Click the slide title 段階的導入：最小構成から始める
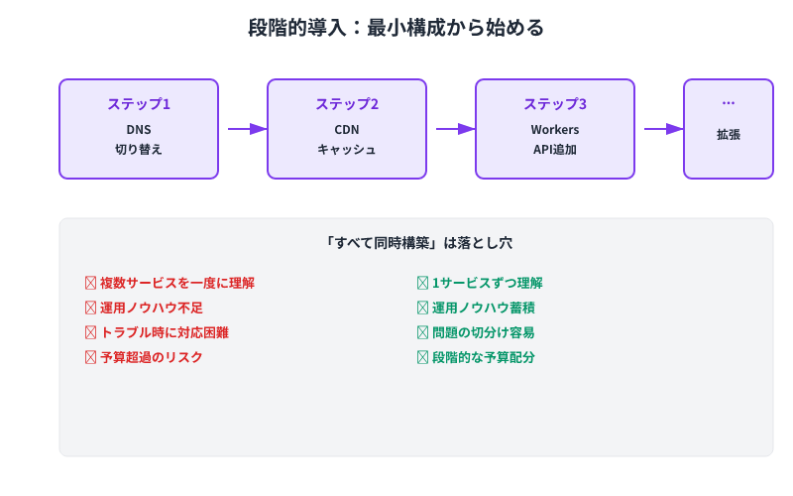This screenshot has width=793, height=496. (x=396, y=28)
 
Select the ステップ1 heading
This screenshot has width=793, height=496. (x=139, y=104)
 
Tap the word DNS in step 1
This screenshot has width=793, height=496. (x=139, y=130)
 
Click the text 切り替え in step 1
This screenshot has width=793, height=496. (x=139, y=150)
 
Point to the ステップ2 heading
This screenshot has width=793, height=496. (x=347, y=104)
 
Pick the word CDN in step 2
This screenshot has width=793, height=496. (x=347, y=130)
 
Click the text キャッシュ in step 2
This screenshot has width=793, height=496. (x=347, y=150)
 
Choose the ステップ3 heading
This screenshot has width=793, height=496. (x=555, y=104)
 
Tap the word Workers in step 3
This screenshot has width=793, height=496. (x=555, y=130)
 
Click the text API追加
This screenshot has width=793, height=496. (x=555, y=150)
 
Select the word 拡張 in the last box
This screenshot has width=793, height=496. (x=729, y=134)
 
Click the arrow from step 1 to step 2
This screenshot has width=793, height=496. (x=247, y=129)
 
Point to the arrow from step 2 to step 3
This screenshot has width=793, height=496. (x=455, y=129)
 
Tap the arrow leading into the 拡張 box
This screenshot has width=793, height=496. (x=663, y=129)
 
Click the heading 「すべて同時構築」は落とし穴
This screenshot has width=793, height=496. (x=416, y=242)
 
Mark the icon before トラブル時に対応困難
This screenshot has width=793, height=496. (x=91, y=332)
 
